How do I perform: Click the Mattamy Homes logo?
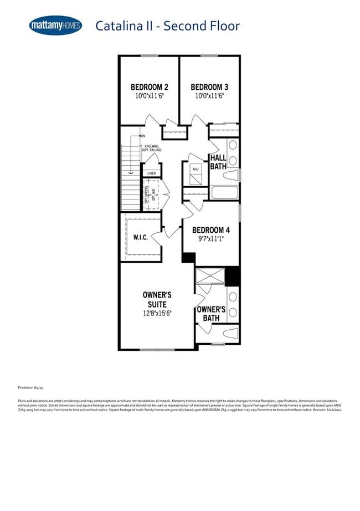(x=55, y=25)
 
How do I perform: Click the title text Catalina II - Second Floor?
(x=168, y=25)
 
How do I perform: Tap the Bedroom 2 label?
(x=150, y=87)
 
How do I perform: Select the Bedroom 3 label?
(x=209, y=87)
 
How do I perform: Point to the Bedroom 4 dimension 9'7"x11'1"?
(x=211, y=239)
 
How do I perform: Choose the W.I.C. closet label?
(x=141, y=237)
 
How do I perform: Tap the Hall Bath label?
(x=218, y=162)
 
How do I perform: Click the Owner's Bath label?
(x=211, y=314)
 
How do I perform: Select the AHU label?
(x=195, y=168)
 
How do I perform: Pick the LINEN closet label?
(x=151, y=173)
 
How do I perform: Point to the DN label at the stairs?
(x=143, y=136)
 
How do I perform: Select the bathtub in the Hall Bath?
(x=223, y=193)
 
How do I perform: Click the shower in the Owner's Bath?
(x=210, y=277)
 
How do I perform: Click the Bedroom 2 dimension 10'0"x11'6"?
(x=150, y=96)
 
